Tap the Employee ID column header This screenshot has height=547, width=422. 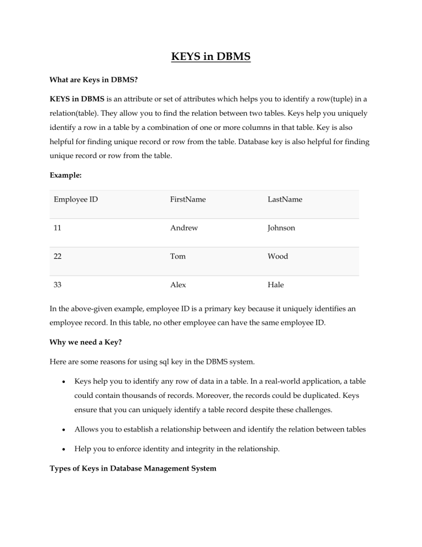click(76, 199)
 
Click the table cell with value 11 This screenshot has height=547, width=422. click(58, 227)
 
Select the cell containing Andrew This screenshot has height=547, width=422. click(184, 227)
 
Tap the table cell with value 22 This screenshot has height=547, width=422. click(59, 256)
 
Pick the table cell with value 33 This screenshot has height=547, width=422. click(59, 285)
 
